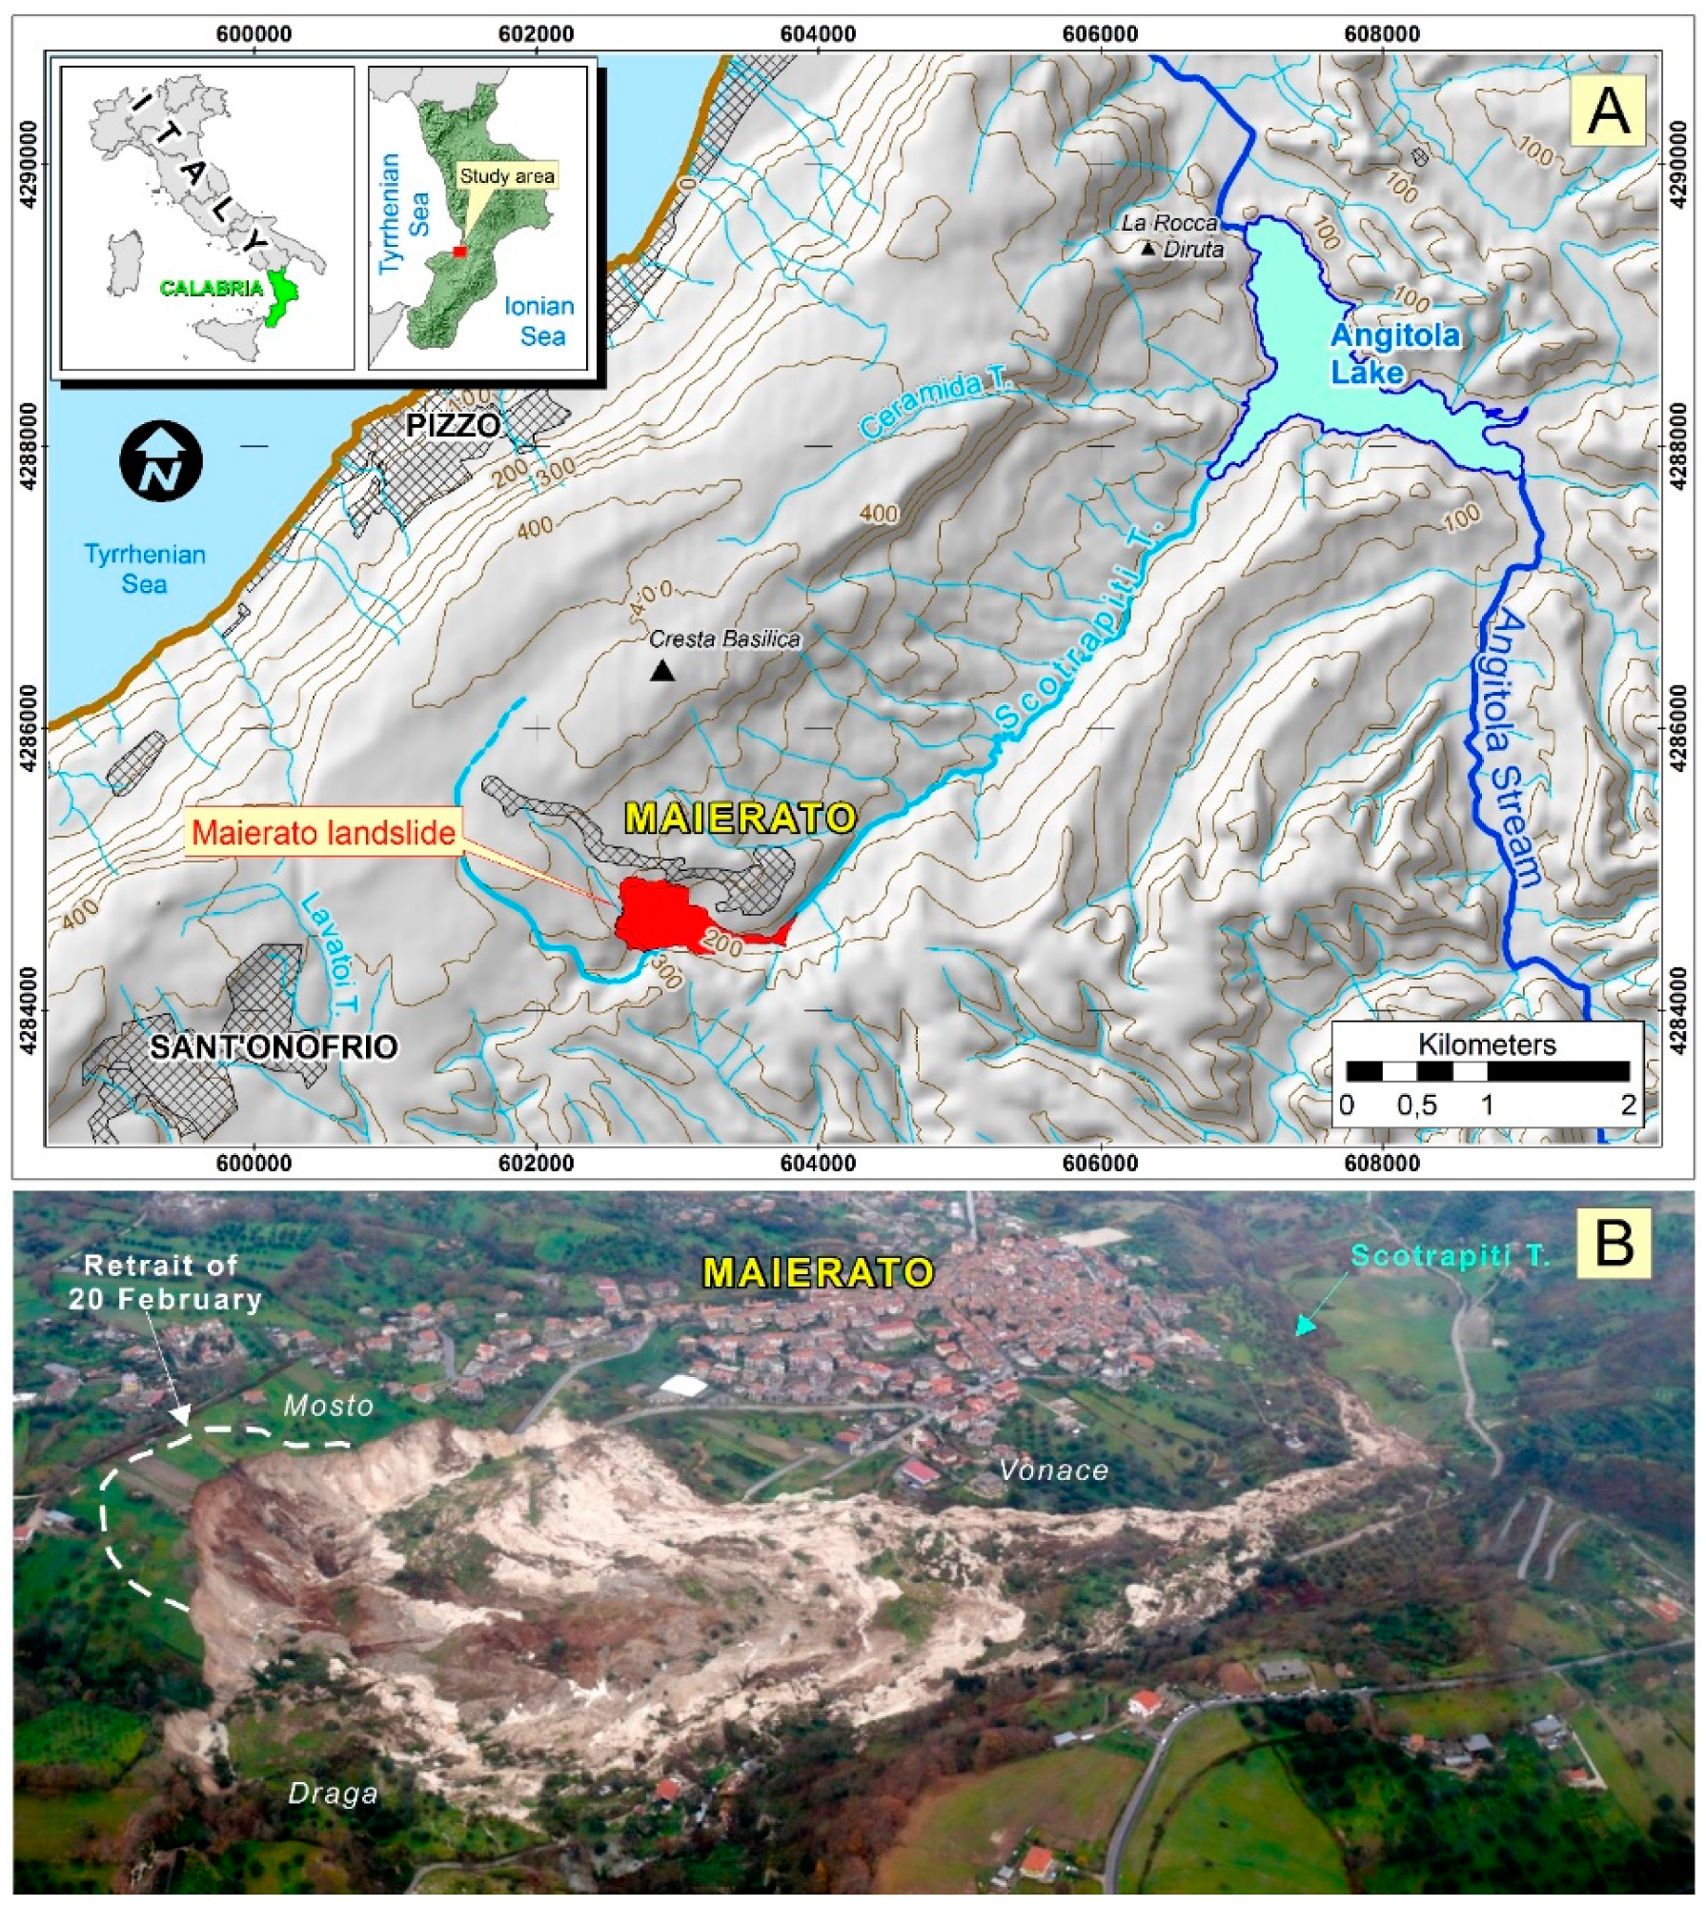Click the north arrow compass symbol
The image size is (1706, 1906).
[x=160, y=460]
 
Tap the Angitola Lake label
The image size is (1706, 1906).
[x=1394, y=353]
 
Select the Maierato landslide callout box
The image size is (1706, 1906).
[x=323, y=834]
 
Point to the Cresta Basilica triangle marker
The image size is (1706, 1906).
[x=662, y=671]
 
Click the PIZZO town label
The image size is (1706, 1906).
[x=453, y=425]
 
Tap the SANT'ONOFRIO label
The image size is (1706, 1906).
[x=274, y=1047]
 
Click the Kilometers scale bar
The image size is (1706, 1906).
[x=1487, y=1072]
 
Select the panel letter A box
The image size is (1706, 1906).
[x=1609, y=112]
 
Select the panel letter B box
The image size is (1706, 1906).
[x=1614, y=1244]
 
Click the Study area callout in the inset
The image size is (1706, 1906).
[x=506, y=177]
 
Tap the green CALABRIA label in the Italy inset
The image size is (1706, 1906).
[x=212, y=288]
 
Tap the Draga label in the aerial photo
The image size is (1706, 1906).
[x=333, y=1794]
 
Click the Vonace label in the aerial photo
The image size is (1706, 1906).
[x=1053, y=1470]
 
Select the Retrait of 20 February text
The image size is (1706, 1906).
[x=164, y=1283]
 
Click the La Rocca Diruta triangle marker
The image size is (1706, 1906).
[x=1148, y=249]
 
